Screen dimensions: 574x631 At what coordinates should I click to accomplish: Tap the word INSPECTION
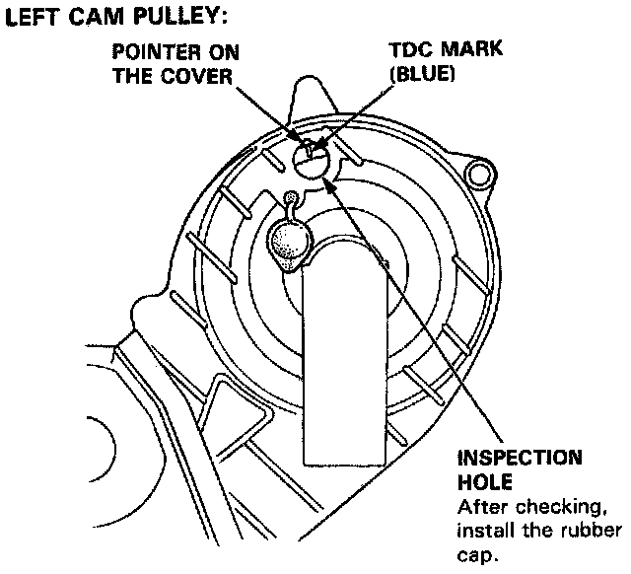[x=519, y=461]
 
